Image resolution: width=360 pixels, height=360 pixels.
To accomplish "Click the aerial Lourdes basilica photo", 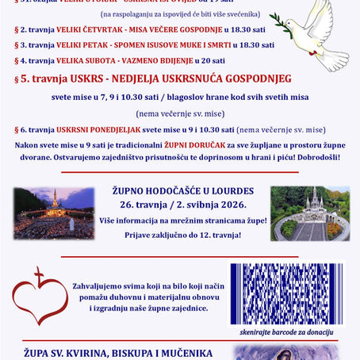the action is click(309, 213).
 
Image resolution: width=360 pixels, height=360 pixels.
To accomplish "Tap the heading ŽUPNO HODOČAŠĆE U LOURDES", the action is click(180, 191).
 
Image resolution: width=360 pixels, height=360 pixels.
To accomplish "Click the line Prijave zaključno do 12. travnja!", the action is click(180, 235).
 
